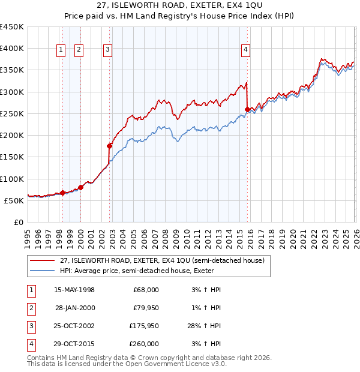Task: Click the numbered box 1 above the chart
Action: [x=61, y=50]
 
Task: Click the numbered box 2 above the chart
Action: [x=79, y=50]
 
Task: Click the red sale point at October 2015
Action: [x=247, y=109]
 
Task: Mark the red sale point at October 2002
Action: [x=110, y=146]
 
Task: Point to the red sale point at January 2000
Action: [x=80, y=187]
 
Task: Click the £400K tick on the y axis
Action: [x=12, y=49]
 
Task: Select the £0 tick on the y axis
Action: [x=19, y=223]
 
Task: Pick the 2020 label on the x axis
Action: [x=292, y=238]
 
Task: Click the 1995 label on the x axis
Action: [x=28, y=238]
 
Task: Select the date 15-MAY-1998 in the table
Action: [x=74, y=290]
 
